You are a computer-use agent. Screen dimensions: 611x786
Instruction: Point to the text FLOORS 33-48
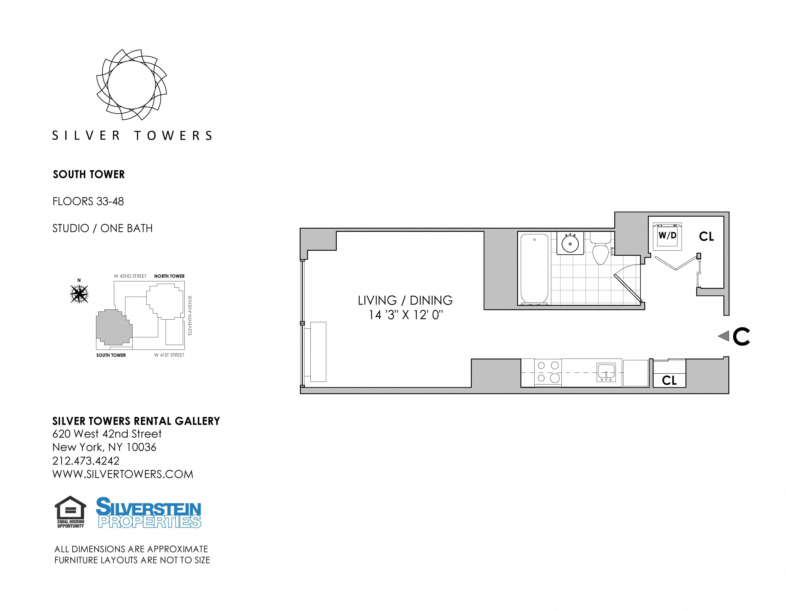point(88,201)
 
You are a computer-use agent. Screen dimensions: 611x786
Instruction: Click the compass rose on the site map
point(79,294)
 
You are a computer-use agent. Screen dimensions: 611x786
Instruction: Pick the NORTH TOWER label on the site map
point(169,276)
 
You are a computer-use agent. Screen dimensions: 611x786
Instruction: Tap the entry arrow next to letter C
point(723,336)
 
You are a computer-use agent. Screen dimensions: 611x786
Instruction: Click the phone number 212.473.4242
point(86,461)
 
